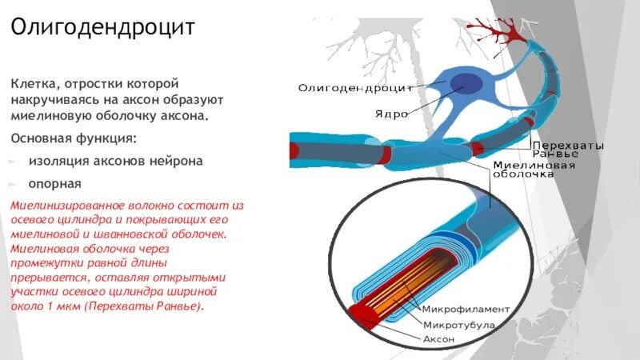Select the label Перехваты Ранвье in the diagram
click(x=569, y=150)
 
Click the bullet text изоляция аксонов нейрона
click(x=115, y=160)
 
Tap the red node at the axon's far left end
click(x=294, y=149)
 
